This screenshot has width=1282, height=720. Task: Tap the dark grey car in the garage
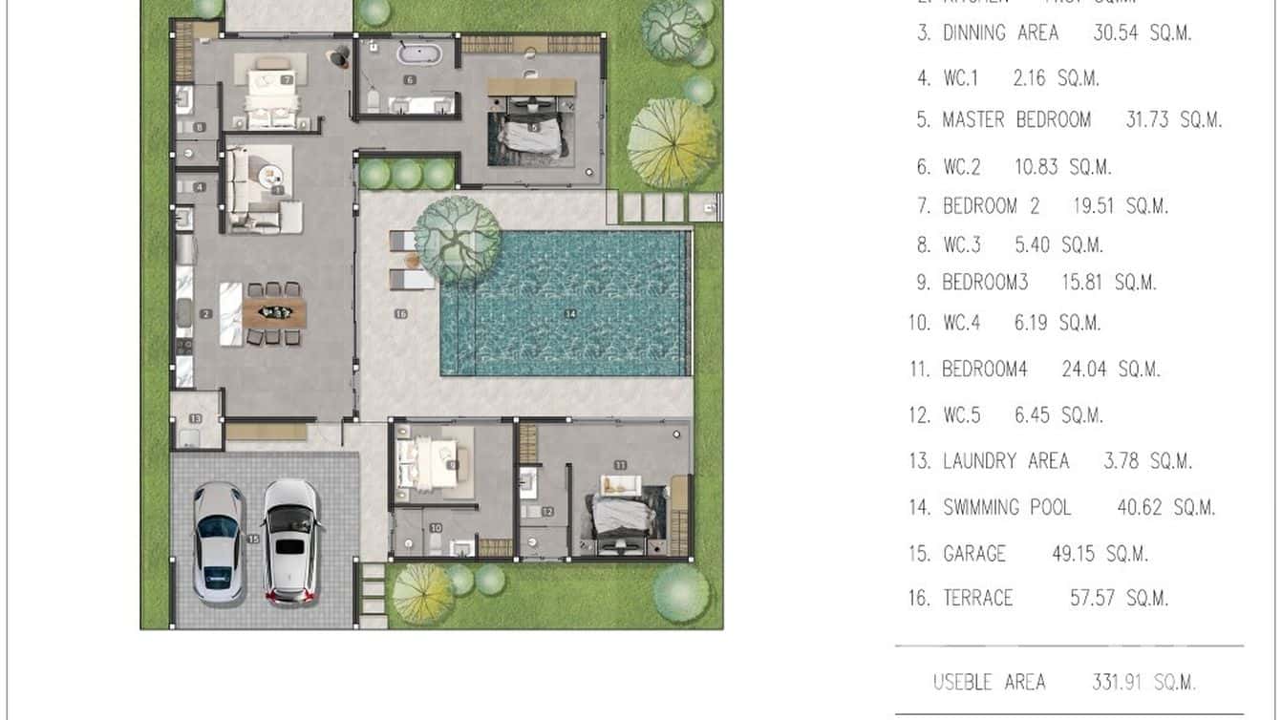click(218, 542)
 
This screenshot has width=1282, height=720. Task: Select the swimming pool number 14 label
click(571, 313)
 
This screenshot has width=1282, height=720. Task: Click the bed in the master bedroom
click(530, 133)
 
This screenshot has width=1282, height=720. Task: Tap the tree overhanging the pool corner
click(458, 238)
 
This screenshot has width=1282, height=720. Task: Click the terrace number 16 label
click(400, 313)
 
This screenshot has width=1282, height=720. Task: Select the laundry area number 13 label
click(195, 418)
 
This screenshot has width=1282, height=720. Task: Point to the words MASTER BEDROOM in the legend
click(1016, 120)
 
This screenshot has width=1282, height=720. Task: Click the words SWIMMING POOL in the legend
click(1007, 507)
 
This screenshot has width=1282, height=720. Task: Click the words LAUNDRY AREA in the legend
click(1006, 461)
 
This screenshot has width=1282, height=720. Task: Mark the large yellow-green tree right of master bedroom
click(673, 142)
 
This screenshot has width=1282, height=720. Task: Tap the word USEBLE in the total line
click(962, 682)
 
